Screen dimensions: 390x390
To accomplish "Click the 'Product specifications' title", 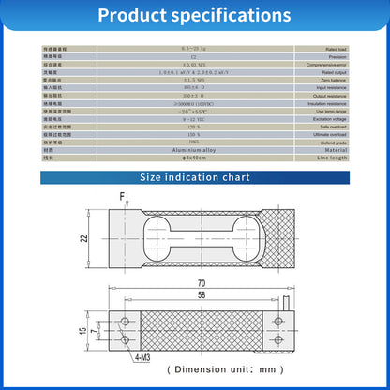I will [194, 16].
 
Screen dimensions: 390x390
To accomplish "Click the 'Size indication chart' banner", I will [195, 175].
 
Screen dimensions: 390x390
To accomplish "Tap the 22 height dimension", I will [83, 239].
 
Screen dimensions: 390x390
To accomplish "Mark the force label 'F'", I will [122, 195].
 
